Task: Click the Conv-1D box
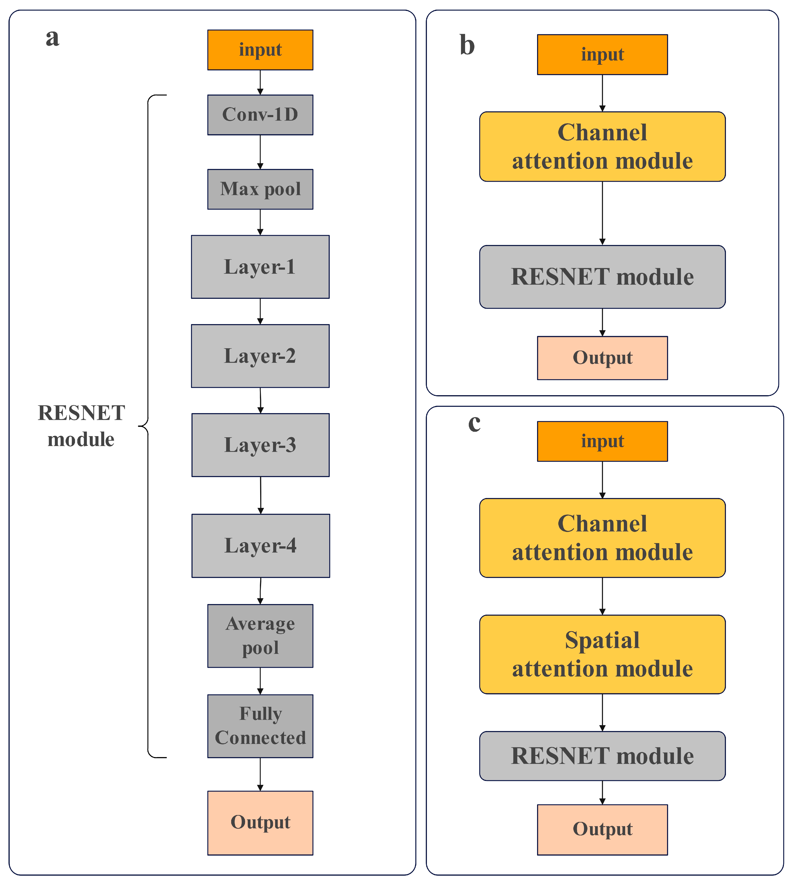tap(260, 115)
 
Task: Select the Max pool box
tap(260, 189)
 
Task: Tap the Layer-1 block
tap(260, 267)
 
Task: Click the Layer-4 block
tap(260, 545)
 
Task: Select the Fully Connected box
tap(260, 726)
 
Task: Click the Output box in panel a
tap(260, 823)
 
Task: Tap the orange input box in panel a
tap(260, 50)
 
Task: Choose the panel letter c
tap(474, 422)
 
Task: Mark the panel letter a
tap(52, 37)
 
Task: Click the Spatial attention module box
tap(602, 654)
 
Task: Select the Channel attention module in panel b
tap(602, 147)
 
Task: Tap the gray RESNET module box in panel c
tap(602, 756)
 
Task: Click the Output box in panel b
tap(602, 358)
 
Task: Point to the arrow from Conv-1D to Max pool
tap(260, 152)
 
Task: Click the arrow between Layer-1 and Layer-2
tap(260, 311)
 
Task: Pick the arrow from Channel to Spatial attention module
tap(602, 596)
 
